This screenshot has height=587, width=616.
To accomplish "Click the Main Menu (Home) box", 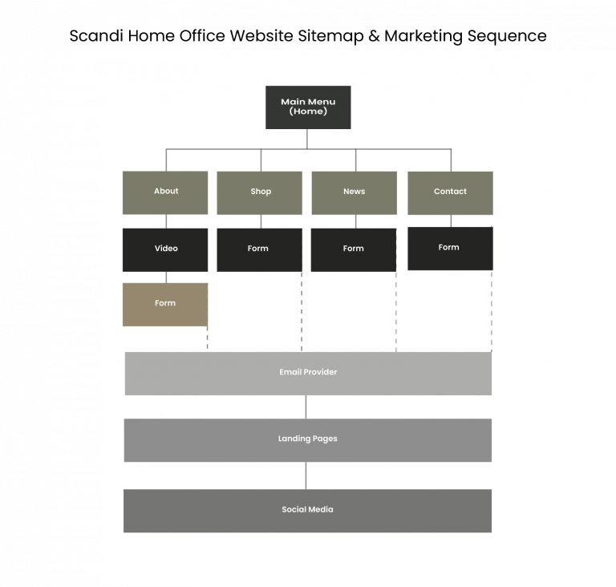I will coord(308,107).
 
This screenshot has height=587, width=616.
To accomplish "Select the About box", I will coord(165,192).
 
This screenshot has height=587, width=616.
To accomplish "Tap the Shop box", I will coord(259,192).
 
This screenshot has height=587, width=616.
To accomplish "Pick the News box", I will coord(354,192).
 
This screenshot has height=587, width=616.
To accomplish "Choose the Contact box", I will coord(450,192).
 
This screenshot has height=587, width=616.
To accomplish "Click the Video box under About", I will coord(165,249).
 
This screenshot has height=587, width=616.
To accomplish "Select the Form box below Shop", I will coord(259,249).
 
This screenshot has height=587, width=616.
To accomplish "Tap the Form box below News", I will coord(353,249).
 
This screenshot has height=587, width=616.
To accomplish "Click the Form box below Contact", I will coord(450,249).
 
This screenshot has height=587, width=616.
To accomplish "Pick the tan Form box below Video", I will coord(165,304).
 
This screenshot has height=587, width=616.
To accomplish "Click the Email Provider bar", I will coord(308,373).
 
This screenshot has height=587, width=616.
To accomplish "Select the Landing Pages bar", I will coord(308,440).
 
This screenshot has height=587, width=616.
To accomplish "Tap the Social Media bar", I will coord(308,511).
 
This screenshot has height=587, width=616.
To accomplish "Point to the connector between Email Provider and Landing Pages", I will coord(306,407).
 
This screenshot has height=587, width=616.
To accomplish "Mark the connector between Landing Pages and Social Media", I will coord(306,476).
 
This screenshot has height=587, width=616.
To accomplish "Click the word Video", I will coord(166,249).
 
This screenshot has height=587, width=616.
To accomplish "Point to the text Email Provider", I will coord(308,372).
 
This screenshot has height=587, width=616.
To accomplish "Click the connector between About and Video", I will coord(166,221).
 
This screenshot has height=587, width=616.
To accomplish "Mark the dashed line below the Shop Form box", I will coord(302,313).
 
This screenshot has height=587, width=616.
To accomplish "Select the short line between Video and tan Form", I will coord(166,277).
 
